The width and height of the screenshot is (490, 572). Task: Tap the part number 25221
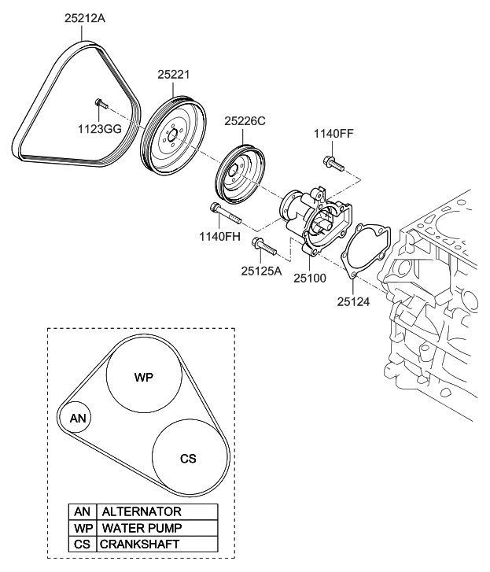pyautogui.click(x=173, y=73)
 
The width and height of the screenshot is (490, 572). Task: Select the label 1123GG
pyautogui.click(x=98, y=128)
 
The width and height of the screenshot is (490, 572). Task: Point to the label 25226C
pyautogui.click(x=245, y=121)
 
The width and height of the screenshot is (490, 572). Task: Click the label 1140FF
pyautogui.click(x=333, y=134)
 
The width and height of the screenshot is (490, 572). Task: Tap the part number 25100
pyautogui.click(x=311, y=277)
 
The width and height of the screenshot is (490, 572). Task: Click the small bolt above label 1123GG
pyautogui.click(x=98, y=103)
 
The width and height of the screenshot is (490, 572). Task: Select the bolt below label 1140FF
pyautogui.click(x=332, y=164)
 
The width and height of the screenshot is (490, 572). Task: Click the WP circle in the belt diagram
pyautogui.click(x=143, y=377)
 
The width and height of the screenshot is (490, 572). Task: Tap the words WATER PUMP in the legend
pyautogui.click(x=142, y=528)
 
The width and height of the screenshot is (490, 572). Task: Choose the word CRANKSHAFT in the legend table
pyautogui.click(x=140, y=544)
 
